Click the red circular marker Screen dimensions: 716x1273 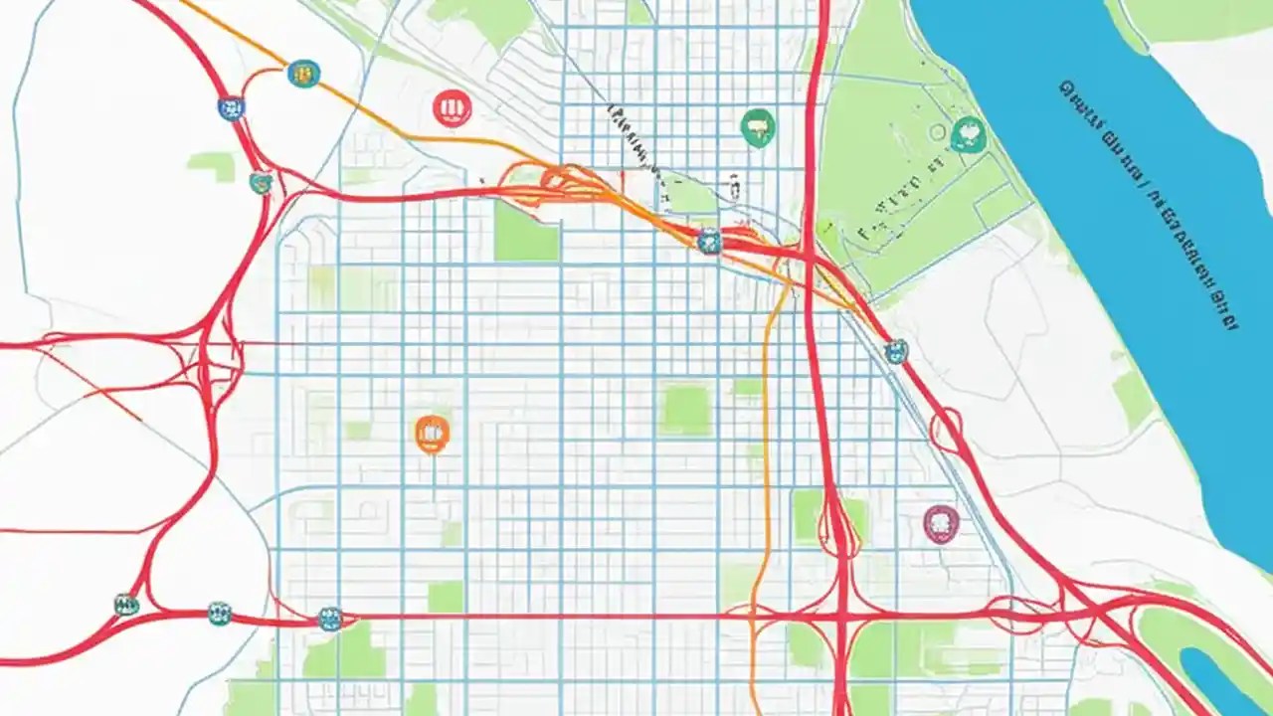tap(452, 107)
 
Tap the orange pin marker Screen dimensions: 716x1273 tap(432, 433)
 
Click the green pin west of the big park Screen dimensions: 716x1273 tap(758, 127)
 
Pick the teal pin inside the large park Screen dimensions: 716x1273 tap(967, 134)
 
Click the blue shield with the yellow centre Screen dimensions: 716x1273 tap(303, 74)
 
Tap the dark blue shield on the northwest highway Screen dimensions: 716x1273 tap(231, 108)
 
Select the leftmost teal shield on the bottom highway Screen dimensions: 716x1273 tap(126, 604)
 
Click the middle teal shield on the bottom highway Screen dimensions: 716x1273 tap(219, 613)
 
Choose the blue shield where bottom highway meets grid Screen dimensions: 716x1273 tap(330, 619)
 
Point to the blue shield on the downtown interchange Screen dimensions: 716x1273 tap(709, 241)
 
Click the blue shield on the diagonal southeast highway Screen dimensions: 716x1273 tap(896, 350)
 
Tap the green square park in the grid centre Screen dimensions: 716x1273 tap(686, 410)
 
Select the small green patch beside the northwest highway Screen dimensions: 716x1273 tap(212, 165)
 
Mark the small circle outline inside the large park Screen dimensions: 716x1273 tap(936, 131)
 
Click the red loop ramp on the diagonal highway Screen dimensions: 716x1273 tap(946, 429)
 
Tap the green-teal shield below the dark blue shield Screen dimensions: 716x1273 tap(261, 182)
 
